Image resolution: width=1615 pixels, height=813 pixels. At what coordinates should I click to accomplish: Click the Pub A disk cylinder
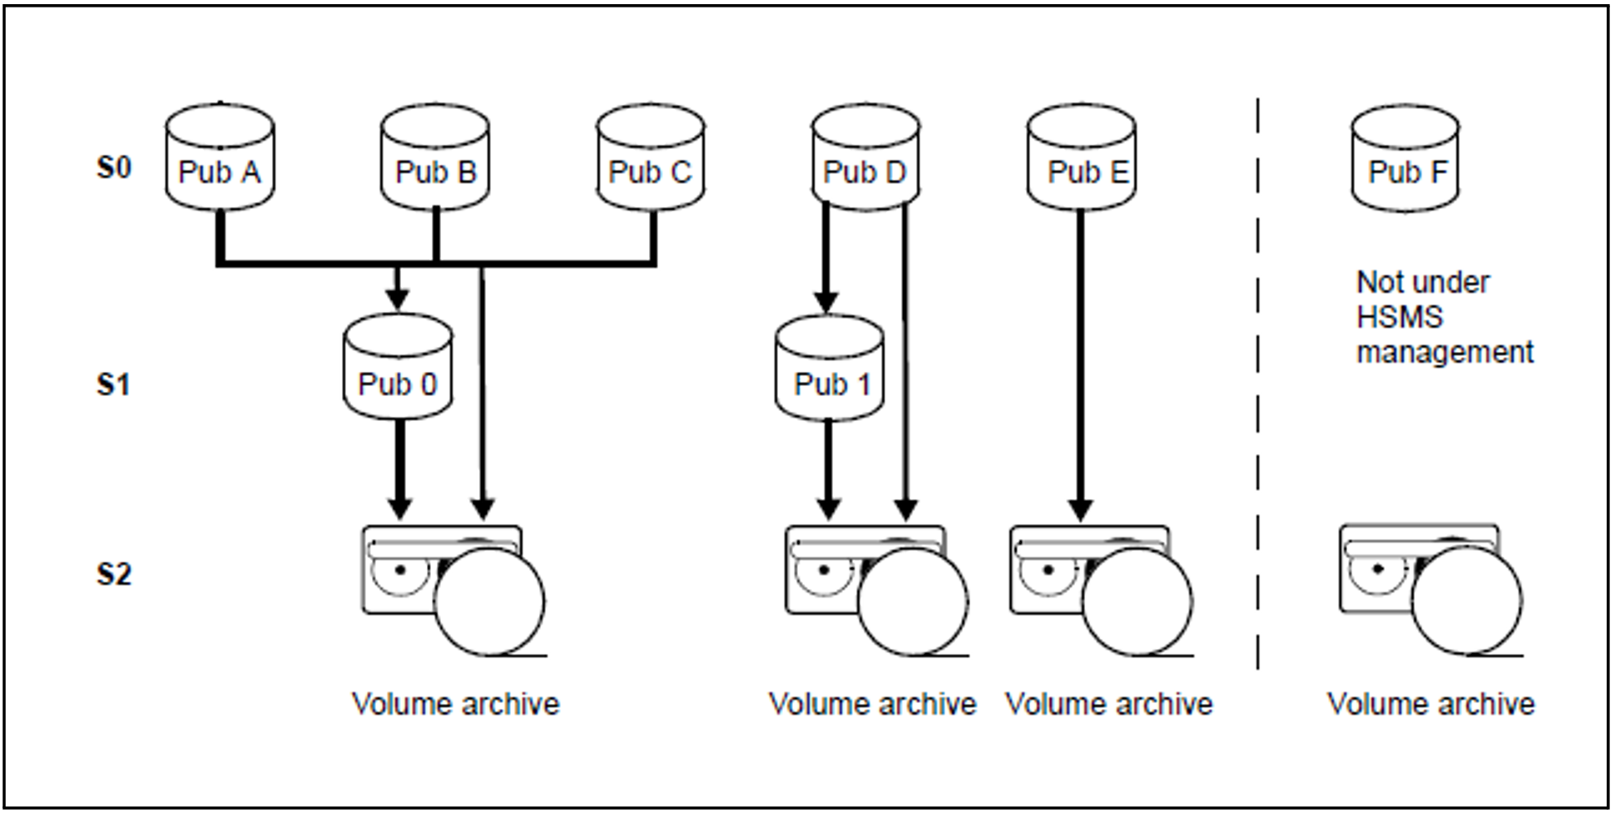[220, 157]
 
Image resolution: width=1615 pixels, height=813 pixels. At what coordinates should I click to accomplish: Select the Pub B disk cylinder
[435, 157]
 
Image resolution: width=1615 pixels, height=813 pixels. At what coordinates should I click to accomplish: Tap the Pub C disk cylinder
[651, 157]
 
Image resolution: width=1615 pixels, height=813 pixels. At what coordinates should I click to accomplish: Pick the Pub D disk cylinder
[865, 157]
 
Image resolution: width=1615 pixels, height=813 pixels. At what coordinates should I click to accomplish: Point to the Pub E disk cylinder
[1082, 157]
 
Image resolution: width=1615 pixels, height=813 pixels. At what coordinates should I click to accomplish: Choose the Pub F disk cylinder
[1405, 157]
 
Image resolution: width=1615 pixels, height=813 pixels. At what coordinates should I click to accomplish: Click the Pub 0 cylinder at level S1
[398, 368]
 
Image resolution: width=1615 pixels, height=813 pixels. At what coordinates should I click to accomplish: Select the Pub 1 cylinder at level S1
[830, 368]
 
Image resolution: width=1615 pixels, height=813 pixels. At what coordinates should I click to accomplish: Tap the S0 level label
[114, 168]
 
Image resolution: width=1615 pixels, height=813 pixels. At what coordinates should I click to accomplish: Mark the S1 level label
[114, 384]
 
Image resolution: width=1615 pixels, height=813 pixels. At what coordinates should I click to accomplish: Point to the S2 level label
[114, 574]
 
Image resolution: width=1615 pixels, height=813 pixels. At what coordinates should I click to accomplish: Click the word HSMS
[1399, 317]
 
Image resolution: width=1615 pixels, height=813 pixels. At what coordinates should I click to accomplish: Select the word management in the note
[1444, 352]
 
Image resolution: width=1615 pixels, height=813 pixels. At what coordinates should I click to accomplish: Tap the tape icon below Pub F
[1430, 589]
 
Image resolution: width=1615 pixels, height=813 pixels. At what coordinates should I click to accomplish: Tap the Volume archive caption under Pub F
[1430, 704]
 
